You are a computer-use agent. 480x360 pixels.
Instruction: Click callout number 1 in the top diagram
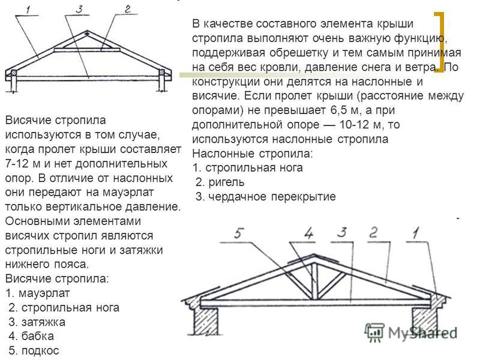click(x=28, y=10)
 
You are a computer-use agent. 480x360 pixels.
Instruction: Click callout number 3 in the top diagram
click(x=79, y=9)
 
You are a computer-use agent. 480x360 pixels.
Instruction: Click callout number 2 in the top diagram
click(x=127, y=9)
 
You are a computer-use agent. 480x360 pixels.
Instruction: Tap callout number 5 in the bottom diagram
click(x=239, y=233)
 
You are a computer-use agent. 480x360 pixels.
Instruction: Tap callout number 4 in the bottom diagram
click(x=308, y=233)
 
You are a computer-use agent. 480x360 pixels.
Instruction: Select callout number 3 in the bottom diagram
click(x=342, y=233)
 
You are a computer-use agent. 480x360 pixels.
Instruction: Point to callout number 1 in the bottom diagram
click(x=415, y=233)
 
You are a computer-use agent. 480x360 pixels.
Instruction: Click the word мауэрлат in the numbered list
click(x=44, y=293)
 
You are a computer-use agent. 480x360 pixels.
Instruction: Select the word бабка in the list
click(x=38, y=337)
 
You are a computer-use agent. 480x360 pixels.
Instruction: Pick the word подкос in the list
click(x=40, y=351)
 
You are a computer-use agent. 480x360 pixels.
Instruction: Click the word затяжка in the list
click(x=43, y=322)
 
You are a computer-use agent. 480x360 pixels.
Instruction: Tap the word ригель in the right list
click(x=227, y=182)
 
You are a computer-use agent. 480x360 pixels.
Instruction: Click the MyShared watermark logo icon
click(x=374, y=332)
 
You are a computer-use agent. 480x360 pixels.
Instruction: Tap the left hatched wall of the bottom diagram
click(x=206, y=320)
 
